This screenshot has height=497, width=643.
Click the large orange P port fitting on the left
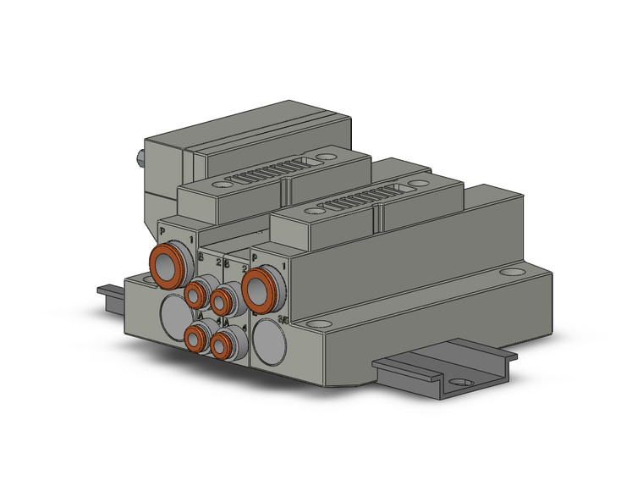pyautogui.click(x=166, y=264)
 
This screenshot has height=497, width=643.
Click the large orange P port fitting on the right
pyautogui.click(x=259, y=289)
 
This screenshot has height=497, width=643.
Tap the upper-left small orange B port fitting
pyautogui.click(x=196, y=294)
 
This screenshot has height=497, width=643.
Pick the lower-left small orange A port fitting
pyautogui.click(x=196, y=339)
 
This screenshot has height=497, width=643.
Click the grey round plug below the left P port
pyautogui.click(x=172, y=312)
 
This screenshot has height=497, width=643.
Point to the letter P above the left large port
pyautogui.click(x=162, y=230)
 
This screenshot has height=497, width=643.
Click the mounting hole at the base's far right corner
pyautogui.click(x=512, y=273)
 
